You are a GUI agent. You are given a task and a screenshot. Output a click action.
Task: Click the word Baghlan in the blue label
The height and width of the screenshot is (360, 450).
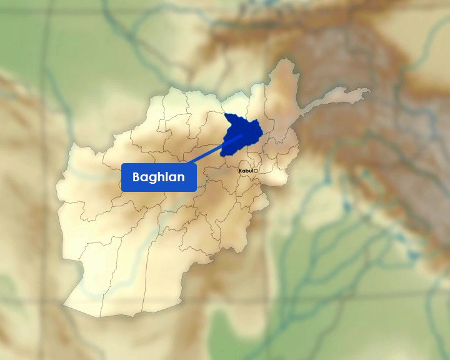click(159, 177)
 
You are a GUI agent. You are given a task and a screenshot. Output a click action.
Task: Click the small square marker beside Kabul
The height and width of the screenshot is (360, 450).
click(256, 171)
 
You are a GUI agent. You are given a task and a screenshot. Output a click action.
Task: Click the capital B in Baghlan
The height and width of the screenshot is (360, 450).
click(137, 177)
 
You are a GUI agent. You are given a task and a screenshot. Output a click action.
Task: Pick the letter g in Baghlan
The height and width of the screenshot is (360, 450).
click(154, 179)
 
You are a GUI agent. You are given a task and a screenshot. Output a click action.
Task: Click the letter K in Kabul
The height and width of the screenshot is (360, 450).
click(241, 171)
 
